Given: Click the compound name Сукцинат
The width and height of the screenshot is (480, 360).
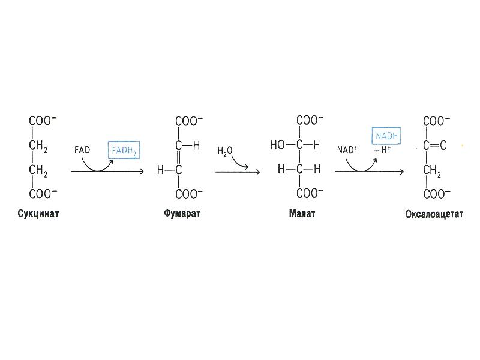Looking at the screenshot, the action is pos(38,214).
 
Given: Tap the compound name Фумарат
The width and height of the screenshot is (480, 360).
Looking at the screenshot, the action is pos(182,214).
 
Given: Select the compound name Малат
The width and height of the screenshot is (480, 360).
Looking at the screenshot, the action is pos(302,214).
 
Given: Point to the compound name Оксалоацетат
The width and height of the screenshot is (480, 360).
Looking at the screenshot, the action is pos(434,214).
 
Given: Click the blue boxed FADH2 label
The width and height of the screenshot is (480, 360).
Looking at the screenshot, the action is pos(124,150).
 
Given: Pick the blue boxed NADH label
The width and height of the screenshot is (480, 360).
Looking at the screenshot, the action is pos(386,136).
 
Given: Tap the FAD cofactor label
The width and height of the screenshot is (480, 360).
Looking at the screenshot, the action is pos(82,150).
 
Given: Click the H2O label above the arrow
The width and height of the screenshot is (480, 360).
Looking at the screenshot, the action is pos(225,151).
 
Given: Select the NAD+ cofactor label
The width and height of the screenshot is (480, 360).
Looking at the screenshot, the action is pos(347,149).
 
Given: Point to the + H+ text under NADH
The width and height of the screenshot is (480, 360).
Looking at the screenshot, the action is pos(382,150).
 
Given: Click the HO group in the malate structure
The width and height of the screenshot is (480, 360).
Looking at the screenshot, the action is pos(277,145).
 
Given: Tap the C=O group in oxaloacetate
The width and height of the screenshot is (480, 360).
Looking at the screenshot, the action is pos(434,145).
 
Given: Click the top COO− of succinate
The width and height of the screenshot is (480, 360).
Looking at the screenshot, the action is pos(43,121).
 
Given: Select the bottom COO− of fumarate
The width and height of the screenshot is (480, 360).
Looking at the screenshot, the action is pos(189,193).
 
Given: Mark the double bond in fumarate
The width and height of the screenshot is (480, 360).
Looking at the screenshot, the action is pos(179,157).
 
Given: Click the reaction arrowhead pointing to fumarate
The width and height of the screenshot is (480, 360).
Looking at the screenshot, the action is pos(142,172).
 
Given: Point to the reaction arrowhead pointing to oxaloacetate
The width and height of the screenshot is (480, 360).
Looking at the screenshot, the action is pos(401,172).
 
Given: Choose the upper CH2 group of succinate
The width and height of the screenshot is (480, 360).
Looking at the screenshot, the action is pos(38,146).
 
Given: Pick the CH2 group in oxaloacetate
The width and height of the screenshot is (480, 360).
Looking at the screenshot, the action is pos(432,170).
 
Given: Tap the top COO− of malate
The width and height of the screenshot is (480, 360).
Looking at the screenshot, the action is pos(310,120).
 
